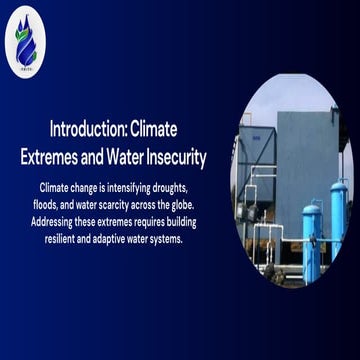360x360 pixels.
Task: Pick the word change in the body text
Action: point(83,187)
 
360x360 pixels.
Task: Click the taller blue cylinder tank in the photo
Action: point(339,222)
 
